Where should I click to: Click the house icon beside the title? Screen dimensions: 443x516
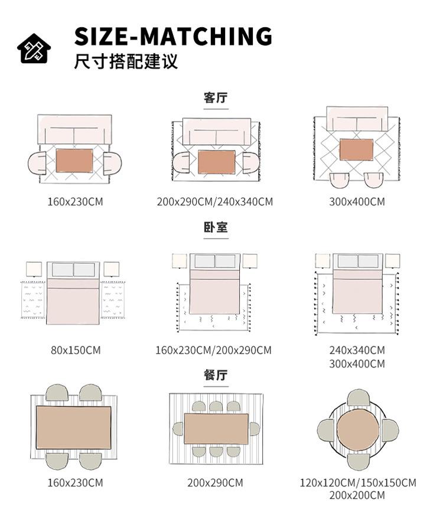34,46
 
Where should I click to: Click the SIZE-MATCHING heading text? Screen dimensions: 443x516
173,36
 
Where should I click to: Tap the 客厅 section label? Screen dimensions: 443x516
216,98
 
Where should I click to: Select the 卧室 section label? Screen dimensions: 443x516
216,227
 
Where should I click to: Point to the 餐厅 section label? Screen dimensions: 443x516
216,375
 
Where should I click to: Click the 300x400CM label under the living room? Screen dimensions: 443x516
357,202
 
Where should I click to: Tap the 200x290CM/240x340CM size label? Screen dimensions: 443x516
215,202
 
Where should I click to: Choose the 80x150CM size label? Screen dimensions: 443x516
76,350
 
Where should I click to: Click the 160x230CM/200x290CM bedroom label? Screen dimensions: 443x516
214,350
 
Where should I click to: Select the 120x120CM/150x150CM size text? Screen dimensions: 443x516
357,483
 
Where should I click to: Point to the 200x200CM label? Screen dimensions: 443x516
357,496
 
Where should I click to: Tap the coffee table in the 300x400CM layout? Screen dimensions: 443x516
357,149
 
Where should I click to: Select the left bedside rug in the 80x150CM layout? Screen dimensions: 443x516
33,300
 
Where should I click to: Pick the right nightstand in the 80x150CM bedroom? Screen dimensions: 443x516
111,269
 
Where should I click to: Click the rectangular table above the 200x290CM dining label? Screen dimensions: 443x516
216,429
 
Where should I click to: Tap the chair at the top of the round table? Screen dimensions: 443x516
358,399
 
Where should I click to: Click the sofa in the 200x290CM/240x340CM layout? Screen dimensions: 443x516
216,131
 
